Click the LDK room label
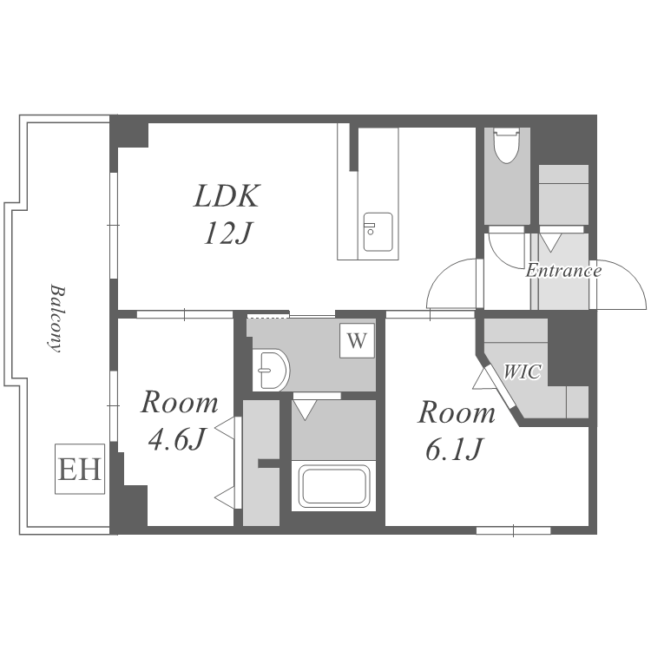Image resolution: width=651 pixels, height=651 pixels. (227, 196)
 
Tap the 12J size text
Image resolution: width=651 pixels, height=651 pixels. (228, 233)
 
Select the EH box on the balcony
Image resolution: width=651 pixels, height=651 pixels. (80, 469)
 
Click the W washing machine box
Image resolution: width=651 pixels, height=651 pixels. (357, 340)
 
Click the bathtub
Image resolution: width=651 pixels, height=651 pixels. (334, 486)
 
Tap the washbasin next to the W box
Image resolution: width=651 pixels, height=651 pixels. (270, 370)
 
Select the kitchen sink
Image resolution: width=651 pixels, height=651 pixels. (378, 232)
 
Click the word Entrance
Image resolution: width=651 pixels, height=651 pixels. (563, 271)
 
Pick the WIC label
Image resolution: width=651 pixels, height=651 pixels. (523, 372)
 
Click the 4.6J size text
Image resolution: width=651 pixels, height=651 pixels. (177, 439)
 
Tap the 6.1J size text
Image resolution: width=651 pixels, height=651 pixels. (454, 450)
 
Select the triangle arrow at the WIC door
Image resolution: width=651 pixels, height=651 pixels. (483, 379)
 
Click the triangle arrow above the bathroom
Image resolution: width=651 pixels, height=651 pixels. (305, 410)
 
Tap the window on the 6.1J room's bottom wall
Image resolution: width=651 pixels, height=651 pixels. (513, 530)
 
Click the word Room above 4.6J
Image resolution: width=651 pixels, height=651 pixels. (180, 402)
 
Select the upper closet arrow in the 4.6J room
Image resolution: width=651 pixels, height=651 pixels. (225, 428)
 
